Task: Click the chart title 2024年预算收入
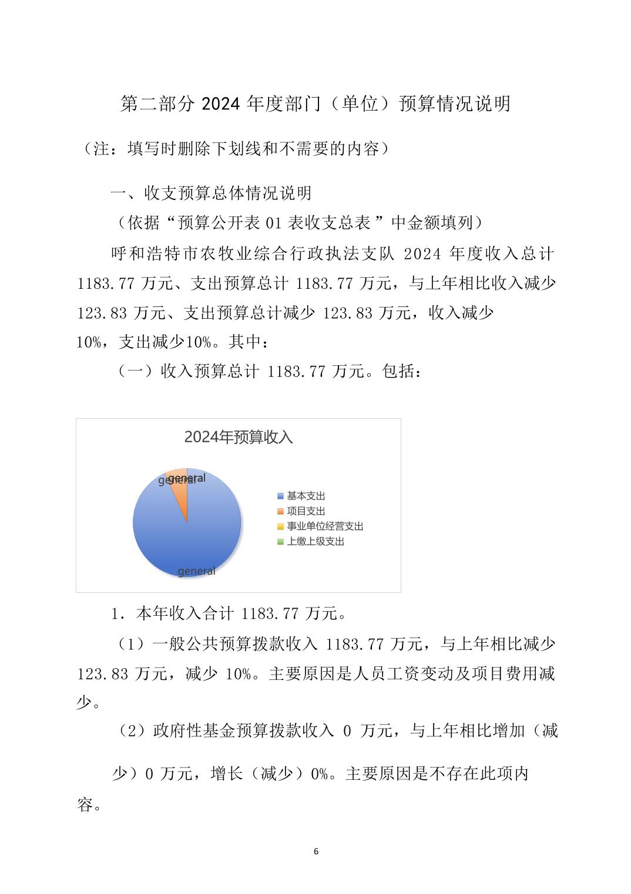[238, 438]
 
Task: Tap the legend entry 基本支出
[306, 496]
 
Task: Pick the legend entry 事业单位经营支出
[324, 526]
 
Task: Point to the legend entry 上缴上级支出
[315, 542]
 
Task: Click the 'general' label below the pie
[196, 571]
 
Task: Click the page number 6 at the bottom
[316, 851]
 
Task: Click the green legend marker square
[281, 542]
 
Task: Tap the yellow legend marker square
[281, 526]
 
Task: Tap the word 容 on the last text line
[85, 805]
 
